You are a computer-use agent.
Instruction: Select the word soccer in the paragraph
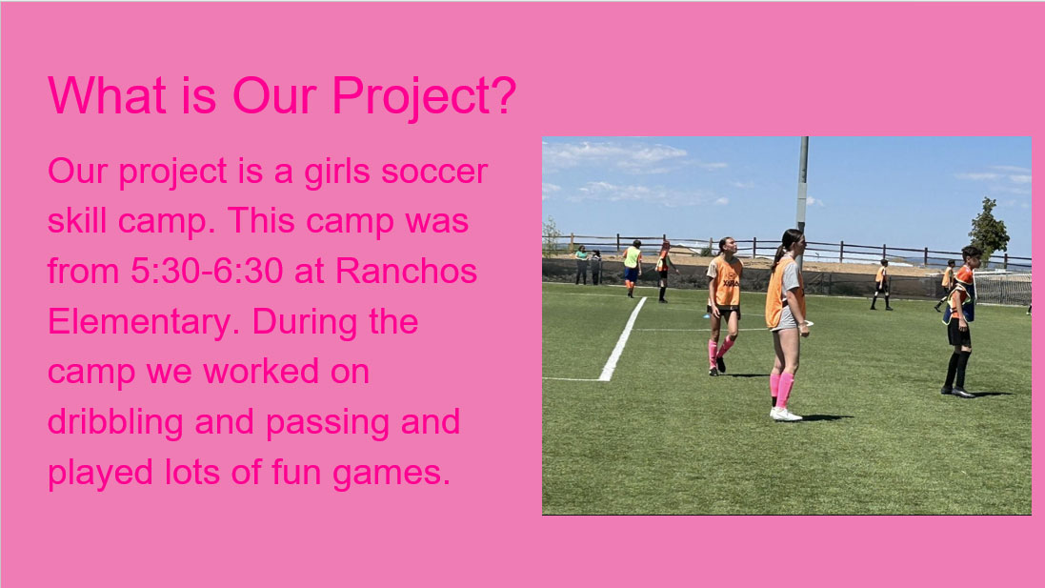pyautogui.click(x=434, y=172)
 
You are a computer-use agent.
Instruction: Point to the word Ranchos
pyautogui.click(x=406, y=272)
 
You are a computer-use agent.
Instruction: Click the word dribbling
pyautogui.click(x=115, y=423)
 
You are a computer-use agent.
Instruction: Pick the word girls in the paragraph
pyautogui.click(x=336, y=172)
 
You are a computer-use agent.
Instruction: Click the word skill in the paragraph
pyautogui.click(x=76, y=220)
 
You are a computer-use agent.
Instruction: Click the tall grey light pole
pyautogui.click(x=803, y=188)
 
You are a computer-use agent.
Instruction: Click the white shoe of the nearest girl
pyautogui.click(x=787, y=415)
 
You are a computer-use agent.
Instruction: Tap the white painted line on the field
pyautogui.click(x=623, y=339)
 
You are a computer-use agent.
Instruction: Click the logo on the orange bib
pyautogui.click(x=731, y=283)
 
